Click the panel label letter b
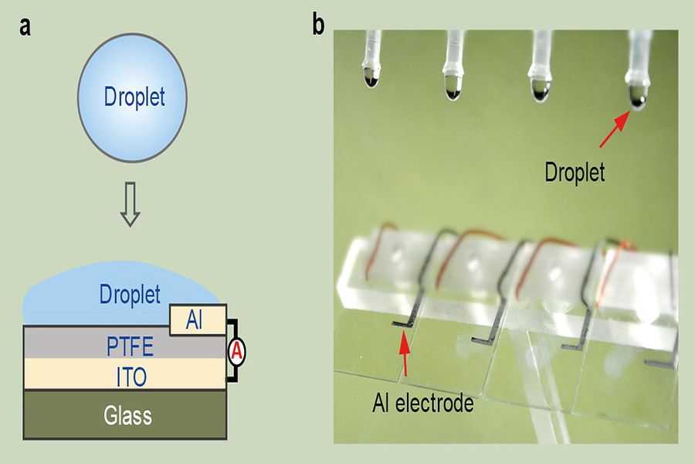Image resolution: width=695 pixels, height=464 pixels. [x=318, y=26]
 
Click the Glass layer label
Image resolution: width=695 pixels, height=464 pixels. [x=128, y=415]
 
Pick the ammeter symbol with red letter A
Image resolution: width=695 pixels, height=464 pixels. [x=238, y=351]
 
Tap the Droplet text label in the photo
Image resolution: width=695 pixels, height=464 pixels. [x=575, y=172]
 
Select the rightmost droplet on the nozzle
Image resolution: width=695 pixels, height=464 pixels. [x=636, y=96]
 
